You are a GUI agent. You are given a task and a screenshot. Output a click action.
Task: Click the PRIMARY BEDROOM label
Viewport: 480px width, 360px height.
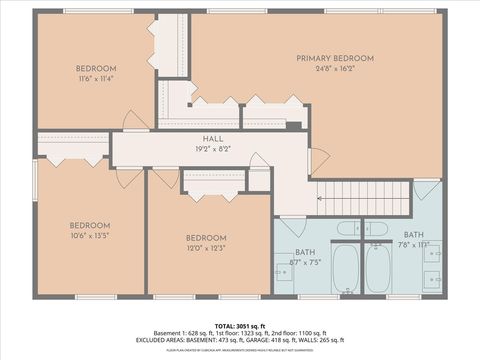(333, 58)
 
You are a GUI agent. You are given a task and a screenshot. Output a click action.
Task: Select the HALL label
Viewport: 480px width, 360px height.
(213, 139)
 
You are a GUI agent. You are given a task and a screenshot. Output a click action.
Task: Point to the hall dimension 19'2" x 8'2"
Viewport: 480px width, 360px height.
(213, 150)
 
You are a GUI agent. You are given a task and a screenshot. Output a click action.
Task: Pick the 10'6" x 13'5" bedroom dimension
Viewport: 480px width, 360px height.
(89, 237)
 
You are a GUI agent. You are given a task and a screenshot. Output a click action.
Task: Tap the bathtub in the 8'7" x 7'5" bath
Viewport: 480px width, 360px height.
(346, 268)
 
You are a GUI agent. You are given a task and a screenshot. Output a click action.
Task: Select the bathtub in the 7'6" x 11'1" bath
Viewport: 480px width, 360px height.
(378, 268)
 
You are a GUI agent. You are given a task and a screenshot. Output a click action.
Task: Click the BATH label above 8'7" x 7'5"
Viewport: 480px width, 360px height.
(305, 253)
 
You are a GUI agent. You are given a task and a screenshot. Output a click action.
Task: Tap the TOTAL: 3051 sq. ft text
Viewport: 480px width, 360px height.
(240, 326)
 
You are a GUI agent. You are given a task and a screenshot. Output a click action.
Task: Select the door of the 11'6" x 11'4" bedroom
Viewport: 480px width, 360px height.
(135, 121)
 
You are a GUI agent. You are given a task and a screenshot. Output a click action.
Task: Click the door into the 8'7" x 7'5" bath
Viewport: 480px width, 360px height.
(292, 226)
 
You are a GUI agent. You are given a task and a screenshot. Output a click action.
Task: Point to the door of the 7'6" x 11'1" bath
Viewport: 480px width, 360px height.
(425, 189)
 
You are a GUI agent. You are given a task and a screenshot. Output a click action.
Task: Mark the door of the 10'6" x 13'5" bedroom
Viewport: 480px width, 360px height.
(129, 178)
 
